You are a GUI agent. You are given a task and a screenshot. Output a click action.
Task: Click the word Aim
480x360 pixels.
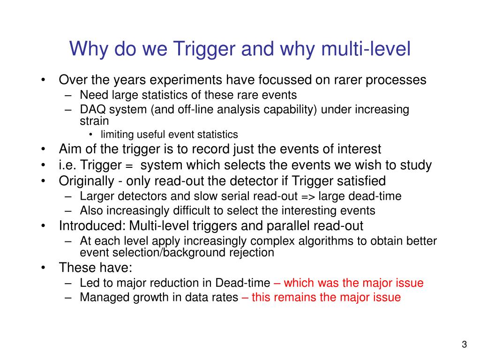click(70, 150)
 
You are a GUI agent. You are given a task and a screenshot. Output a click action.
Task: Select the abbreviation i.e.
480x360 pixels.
click(67, 165)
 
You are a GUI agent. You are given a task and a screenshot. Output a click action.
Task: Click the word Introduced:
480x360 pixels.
click(92, 226)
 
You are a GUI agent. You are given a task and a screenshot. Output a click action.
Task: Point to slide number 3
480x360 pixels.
click(464, 345)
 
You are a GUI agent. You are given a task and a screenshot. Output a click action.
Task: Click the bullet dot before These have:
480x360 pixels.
click(44, 268)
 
